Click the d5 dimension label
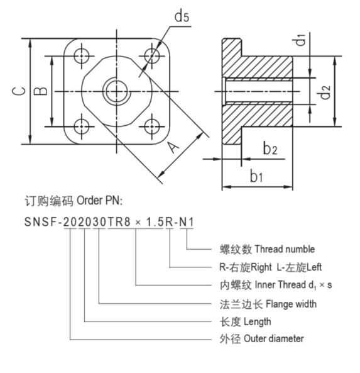click(182, 16)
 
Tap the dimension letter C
click(19, 91)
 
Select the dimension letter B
click(40, 91)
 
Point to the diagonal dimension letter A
click(173, 147)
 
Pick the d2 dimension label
click(324, 92)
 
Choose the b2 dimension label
click(270, 148)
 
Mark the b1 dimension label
click(256, 176)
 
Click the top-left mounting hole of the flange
click(82, 56)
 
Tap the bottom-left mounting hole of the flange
click(82, 126)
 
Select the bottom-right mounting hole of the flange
click(151, 126)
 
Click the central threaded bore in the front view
click(116, 91)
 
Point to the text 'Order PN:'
click(99, 201)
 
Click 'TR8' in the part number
click(119, 222)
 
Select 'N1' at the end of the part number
click(187, 222)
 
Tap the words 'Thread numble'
click(285, 249)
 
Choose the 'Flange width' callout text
click(291, 304)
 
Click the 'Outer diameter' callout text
click(274, 339)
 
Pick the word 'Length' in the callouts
click(258, 322)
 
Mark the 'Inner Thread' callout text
click(280, 285)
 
